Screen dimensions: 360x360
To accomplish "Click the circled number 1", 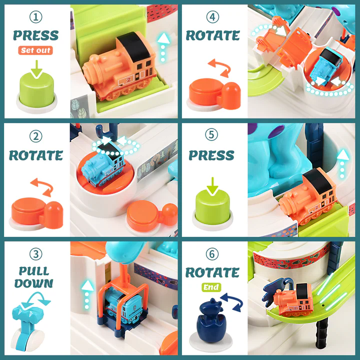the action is pyautogui.click(x=36, y=17).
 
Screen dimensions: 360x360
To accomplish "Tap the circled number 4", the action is pyautogui.click(x=212, y=17).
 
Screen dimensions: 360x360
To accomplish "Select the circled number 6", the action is pyautogui.click(x=212, y=254).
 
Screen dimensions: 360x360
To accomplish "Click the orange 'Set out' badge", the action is pyautogui.click(x=35, y=50).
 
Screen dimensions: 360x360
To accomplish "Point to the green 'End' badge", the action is pyautogui.click(x=211, y=287).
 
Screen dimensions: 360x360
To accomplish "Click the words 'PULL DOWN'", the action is pyautogui.click(x=34, y=277).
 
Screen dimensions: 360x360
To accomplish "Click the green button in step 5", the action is pyautogui.click(x=212, y=206).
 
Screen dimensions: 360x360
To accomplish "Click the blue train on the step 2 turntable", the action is pyautogui.click(x=103, y=166).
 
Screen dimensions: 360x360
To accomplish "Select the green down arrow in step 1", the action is pyautogui.click(x=36, y=69).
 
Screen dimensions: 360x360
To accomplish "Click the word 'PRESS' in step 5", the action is pyautogui.click(x=211, y=155).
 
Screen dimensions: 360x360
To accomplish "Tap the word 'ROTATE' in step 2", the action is pyautogui.click(x=36, y=155).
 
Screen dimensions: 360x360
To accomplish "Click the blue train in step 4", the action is pyautogui.click(x=326, y=66).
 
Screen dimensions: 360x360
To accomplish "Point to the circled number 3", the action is pyautogui.click(x=36, y=254).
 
